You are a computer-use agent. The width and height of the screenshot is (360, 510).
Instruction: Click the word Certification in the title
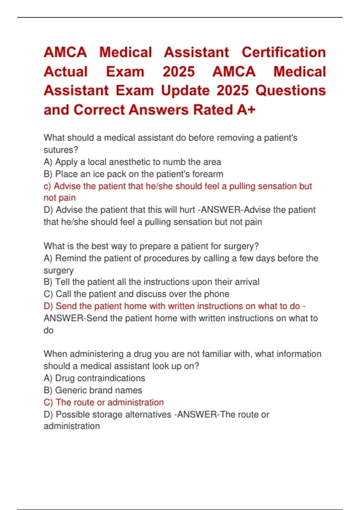click(283, 52)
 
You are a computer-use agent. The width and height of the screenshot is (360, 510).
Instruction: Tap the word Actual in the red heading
click(66, 72)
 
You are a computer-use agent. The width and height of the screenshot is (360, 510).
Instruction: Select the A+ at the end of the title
click(246, 110)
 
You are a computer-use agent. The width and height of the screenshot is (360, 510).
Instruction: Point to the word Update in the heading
click(185, 91)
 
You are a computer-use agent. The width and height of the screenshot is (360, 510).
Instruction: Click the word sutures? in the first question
click(61, 150)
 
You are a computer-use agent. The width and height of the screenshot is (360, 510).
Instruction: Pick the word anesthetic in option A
click(129, 162)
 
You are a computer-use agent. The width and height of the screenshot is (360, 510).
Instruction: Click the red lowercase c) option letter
click(47, 186)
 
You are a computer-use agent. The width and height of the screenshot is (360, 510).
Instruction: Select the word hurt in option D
click(187, 210)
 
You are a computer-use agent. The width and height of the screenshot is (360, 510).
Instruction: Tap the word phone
click(217, 294)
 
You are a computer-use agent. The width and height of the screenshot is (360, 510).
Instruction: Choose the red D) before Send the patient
click(48, 306)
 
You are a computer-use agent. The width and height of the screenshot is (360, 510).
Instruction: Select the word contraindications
click(111, 378)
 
